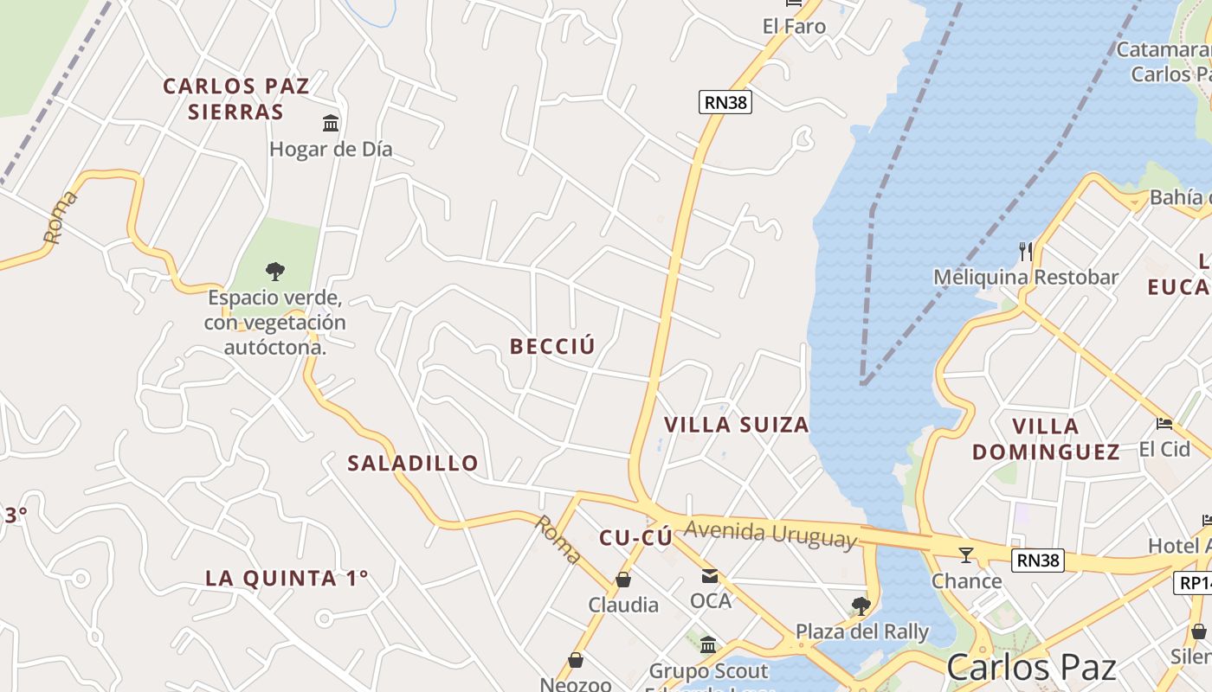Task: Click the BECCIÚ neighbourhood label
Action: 552,347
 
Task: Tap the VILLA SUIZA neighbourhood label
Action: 736,425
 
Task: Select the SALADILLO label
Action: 413,463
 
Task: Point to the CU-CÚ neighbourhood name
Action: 635,538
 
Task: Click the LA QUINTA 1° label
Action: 287,578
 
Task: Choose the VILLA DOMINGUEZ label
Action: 1046,439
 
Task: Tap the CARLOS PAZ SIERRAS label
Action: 235,99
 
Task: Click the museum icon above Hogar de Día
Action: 331,123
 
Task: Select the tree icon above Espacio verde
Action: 275,272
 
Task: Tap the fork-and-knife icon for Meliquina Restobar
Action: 1026,252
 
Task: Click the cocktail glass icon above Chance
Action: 966,554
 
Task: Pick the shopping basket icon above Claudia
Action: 623,579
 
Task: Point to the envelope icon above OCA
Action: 710,575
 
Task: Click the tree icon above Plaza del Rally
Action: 861,605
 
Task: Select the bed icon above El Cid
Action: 1164,424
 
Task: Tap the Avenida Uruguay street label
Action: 770,534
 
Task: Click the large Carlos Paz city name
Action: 1030,668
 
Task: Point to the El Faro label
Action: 794,27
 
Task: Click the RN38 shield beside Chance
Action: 1038,561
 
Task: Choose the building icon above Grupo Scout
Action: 708,644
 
